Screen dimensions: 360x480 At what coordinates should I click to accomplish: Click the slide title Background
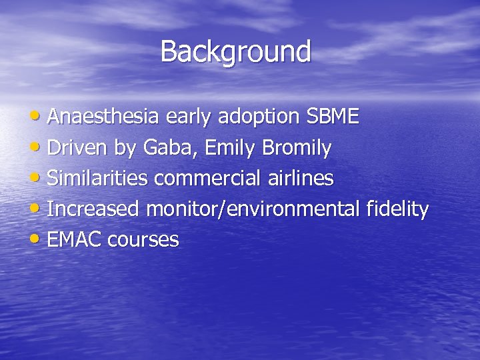pos(235,52)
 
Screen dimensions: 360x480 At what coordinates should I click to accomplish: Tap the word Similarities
pos(99,179)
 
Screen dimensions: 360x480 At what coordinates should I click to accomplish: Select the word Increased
pos(93,209)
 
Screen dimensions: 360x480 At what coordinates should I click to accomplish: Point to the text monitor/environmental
pos(254,209)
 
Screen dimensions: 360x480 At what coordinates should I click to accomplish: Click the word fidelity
pos(397,209)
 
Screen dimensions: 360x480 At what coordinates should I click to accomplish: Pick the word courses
pos(143,240)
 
